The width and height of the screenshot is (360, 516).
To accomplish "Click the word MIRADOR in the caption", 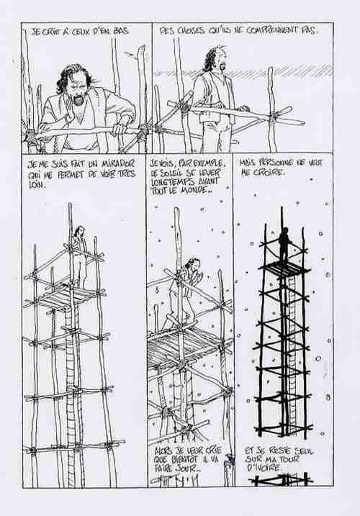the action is pyautogui.click(x=118, y=163).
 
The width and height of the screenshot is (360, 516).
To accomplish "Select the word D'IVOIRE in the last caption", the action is pyautogui.click(x=263, y=468).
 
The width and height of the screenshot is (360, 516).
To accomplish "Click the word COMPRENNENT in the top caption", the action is pyautogui.click(x=268, y=31).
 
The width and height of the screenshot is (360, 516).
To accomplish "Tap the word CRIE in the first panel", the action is pyautogui.click(x=53, y=32).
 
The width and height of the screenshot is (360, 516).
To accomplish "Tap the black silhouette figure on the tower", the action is pyautogui.click(x=284, y=243).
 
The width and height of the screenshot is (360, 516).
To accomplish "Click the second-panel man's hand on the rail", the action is pyautogui.click(x=243, y=109).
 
